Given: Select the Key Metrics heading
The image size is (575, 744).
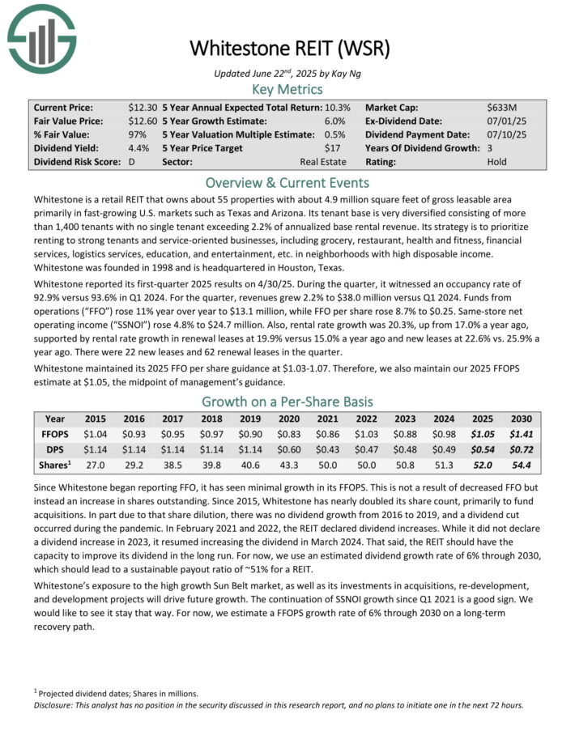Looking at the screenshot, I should click(287, 88).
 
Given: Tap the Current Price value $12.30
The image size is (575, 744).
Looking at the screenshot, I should click(142, 108).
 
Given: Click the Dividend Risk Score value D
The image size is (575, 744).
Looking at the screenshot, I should click(131, 162).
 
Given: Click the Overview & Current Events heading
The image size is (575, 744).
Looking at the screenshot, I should click(287, 182).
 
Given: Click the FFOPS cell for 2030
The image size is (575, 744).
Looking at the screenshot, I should click(521, 435).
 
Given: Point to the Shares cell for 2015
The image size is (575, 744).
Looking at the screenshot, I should click(96, 465).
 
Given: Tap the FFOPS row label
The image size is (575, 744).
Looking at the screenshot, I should click(54, 435).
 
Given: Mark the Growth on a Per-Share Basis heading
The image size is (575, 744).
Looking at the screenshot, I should click(287, 402).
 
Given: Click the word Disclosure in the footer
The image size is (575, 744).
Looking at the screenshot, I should click(53, 704).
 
